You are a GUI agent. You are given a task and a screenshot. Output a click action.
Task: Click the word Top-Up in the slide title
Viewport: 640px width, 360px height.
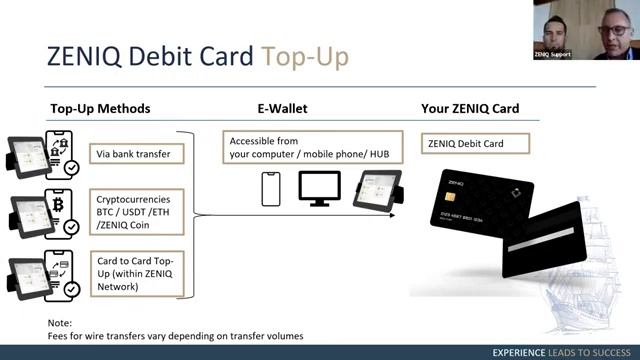point(305,56)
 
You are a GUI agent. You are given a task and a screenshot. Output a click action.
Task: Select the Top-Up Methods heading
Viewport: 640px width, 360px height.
point(101,108)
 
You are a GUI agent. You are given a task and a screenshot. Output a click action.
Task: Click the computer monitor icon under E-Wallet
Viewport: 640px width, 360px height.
point(319,189)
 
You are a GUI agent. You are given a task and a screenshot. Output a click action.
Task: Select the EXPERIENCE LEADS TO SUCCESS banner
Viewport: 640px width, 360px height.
point(559,353)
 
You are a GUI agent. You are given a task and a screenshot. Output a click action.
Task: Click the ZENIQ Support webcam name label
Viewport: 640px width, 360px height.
point(552,54)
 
